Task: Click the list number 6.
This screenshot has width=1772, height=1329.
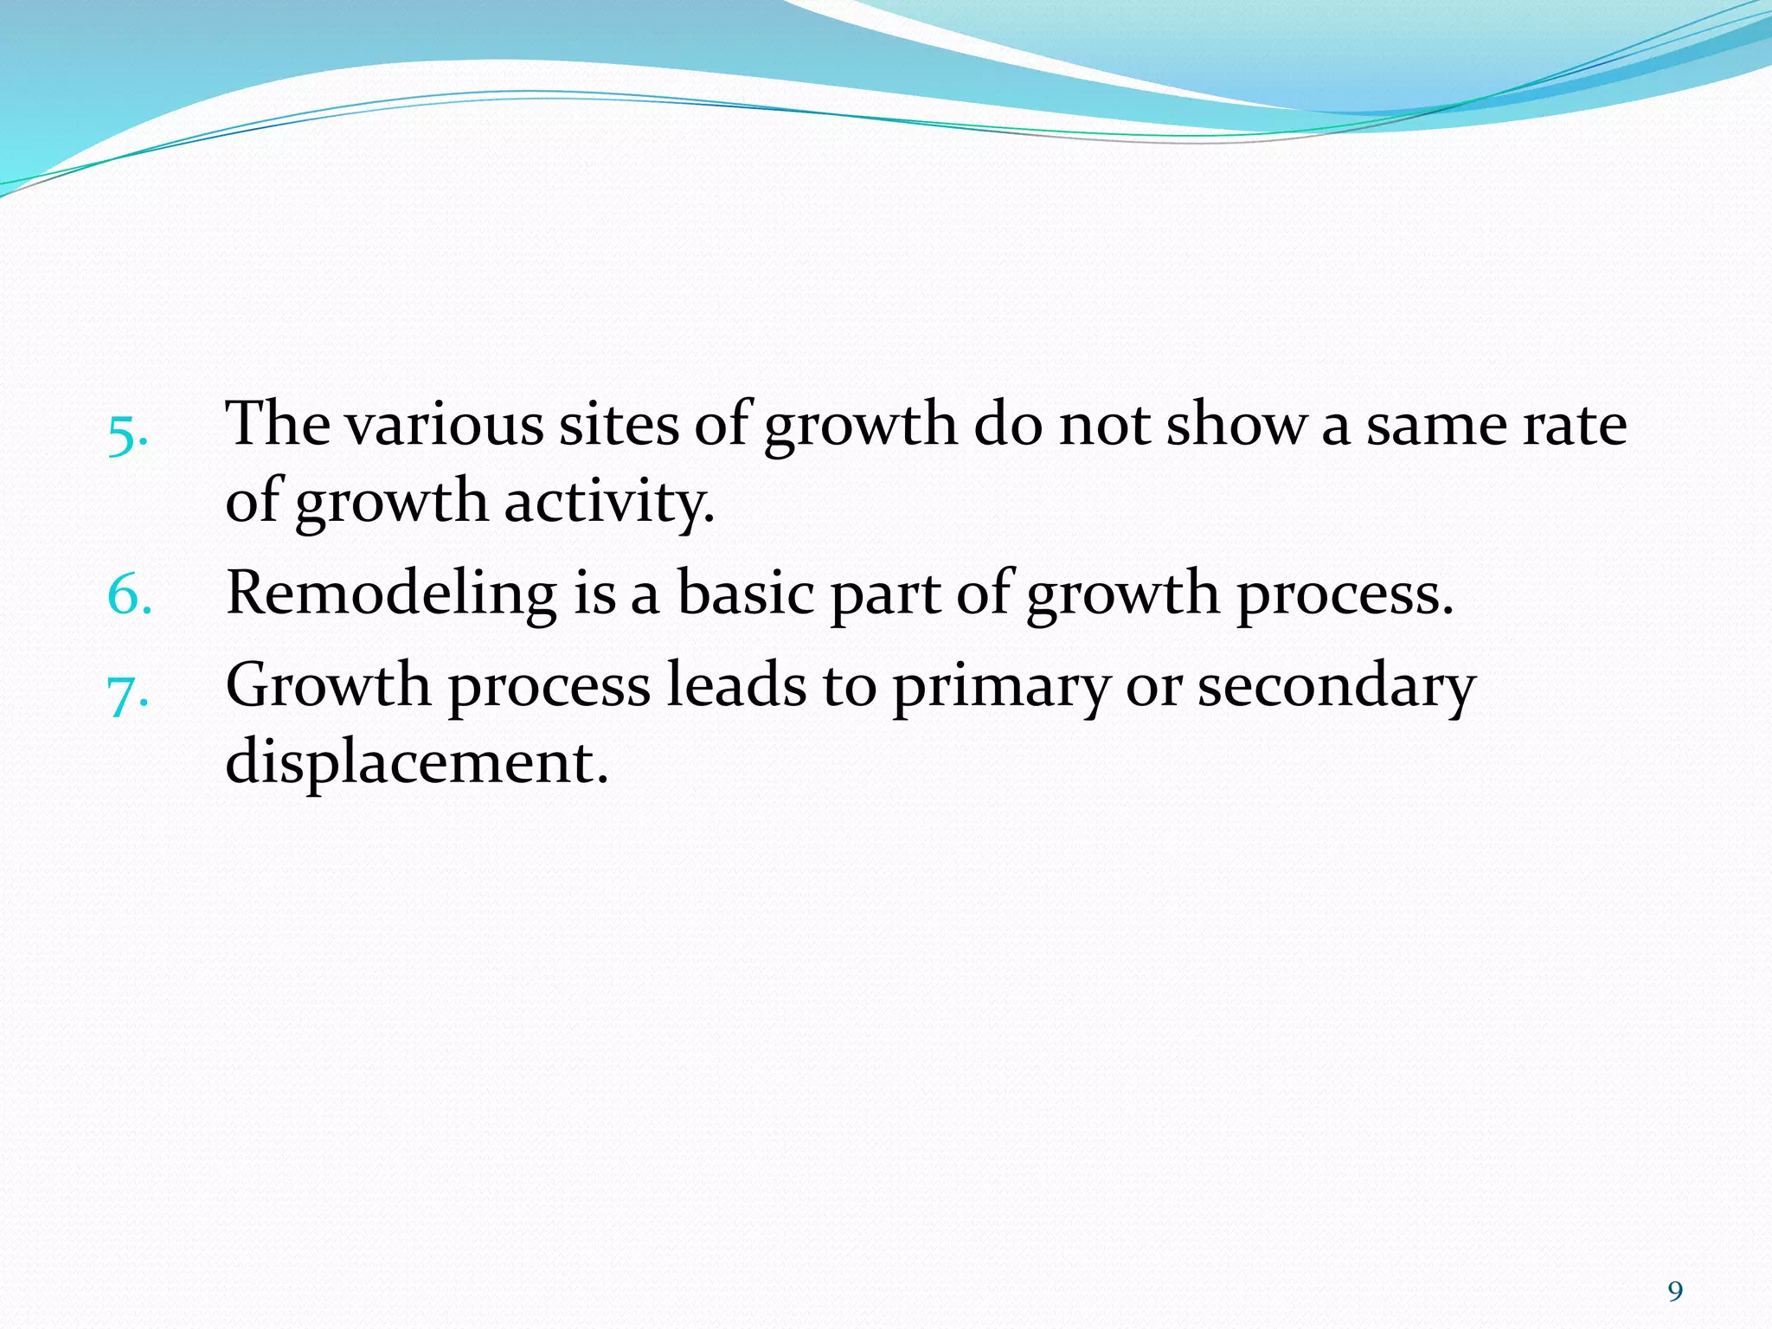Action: point(129,596)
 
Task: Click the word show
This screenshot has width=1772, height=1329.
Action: point(1236,425)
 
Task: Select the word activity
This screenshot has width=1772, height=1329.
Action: point(609,503)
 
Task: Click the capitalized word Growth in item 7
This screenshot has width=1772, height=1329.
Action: point(328,685)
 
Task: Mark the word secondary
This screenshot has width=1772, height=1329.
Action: point(1336,687)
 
